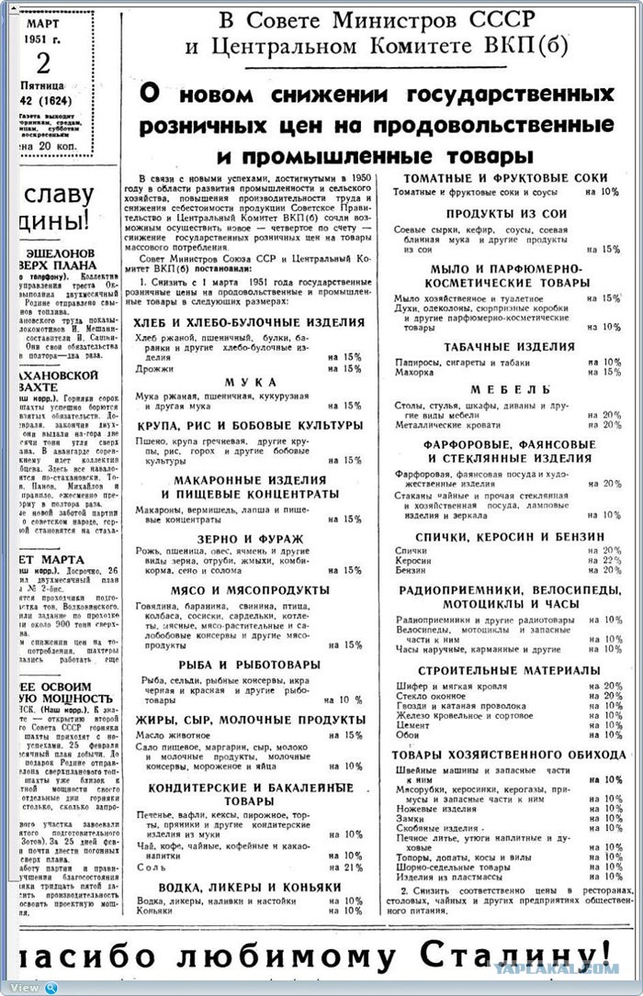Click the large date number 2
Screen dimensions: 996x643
43,63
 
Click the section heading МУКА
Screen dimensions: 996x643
249,382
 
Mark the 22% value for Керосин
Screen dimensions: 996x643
610,560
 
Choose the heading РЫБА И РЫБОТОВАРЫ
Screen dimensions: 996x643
249,663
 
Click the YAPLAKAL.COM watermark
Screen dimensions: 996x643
569,968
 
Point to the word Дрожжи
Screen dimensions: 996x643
152,368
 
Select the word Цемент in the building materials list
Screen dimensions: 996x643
412,724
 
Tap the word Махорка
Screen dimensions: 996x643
415,372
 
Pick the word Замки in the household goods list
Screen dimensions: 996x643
410,818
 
